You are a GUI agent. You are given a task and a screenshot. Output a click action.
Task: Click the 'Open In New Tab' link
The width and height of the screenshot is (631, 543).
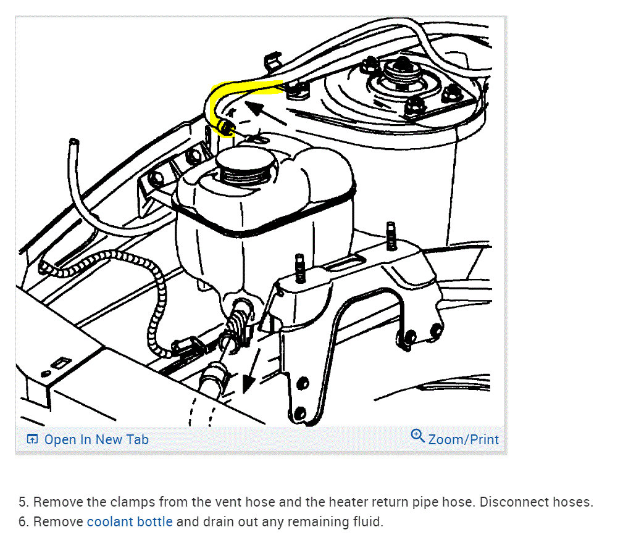tap(96, 439)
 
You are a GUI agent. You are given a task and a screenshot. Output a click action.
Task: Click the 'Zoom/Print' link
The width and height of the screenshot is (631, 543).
tap(462, 439)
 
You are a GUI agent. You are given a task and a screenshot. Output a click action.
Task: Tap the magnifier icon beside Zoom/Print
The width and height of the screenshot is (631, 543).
tap(417, 436)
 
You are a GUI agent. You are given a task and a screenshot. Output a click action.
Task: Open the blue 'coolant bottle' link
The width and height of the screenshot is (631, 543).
tap(130, 521)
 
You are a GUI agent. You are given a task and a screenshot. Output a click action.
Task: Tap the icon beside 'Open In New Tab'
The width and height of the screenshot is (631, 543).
tap(33, 439)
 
